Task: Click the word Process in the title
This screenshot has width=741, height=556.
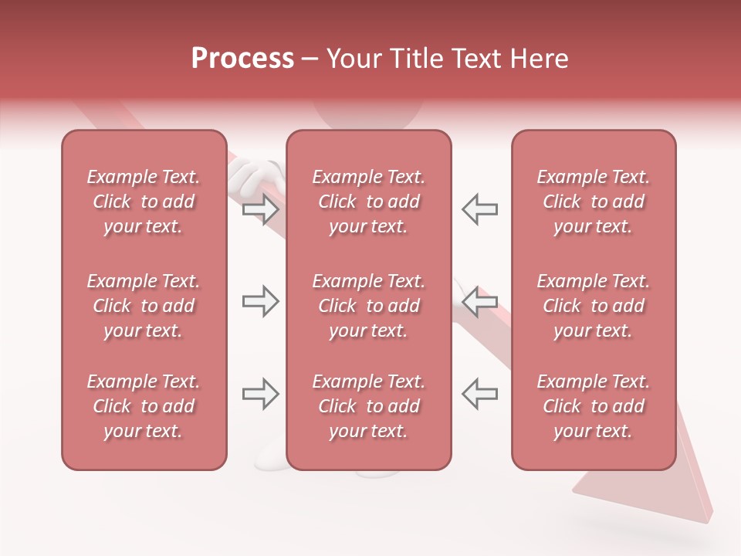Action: click(x=242, y=58)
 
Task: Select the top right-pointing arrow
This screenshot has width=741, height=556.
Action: click(x=261, y=209)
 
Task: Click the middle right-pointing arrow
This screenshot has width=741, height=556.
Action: click(x=261, y=302)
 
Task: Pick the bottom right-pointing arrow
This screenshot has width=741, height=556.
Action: click(x=261, y=395)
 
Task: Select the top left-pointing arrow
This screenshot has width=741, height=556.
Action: click(x=479, y=209)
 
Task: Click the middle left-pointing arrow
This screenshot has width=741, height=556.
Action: click(x=479, y=302)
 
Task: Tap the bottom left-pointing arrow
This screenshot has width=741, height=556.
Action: click(x=479, y=395)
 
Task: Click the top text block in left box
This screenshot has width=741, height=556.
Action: click(x=144, y=202)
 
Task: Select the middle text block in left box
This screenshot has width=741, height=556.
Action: click(x=144, y=306)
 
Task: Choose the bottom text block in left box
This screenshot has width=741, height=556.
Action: click(x=144, y=406)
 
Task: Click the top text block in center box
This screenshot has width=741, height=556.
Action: click(x=368, y=202)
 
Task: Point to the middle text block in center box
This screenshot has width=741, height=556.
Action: click(x=368, y=306)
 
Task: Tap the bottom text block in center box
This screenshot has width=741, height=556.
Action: click(x=368, y=406)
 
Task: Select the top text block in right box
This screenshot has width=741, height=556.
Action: click(x=593, y=202)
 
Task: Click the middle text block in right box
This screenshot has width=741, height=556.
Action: click(x=593, y=306)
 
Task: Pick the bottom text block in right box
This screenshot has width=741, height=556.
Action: click(x=593, y=406)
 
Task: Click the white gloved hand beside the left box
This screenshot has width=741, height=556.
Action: click(x=251, y=177)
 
